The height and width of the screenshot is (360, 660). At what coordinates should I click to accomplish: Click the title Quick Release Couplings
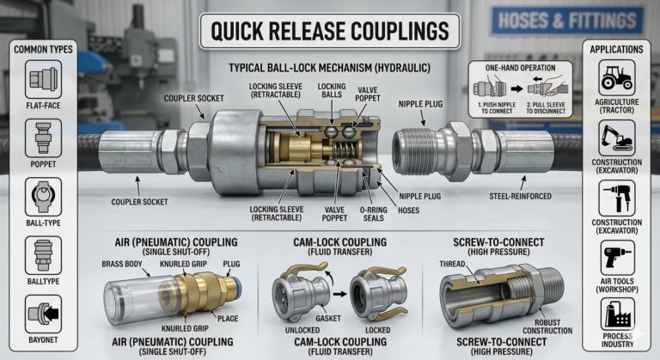(330, 32)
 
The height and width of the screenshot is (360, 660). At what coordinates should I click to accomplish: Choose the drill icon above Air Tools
(617, 255)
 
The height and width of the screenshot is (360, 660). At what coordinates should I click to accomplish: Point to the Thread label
(452, 264)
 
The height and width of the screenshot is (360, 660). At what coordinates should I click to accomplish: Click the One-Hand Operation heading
(516, 67)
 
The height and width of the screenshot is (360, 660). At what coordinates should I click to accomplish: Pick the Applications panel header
(617, 51)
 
